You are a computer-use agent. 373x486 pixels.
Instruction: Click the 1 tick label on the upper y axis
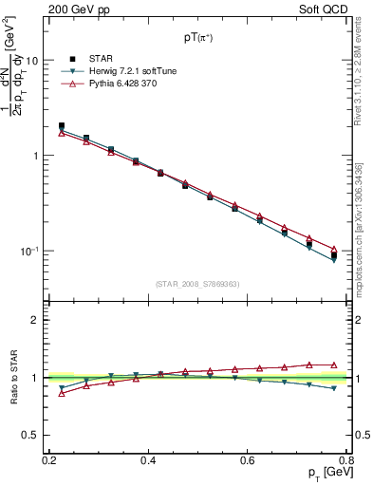35,156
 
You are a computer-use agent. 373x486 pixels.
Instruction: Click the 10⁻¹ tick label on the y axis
28,252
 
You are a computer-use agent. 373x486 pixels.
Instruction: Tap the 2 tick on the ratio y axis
35,320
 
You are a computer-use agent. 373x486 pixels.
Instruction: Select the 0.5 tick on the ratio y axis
30,436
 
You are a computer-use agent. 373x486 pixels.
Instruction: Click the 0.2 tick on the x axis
49,460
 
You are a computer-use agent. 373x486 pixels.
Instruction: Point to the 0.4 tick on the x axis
148,460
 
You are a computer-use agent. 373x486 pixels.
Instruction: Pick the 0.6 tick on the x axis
248,460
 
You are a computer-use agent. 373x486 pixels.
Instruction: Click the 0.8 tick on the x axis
345,460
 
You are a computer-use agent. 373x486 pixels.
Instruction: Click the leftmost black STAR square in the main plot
62,125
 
